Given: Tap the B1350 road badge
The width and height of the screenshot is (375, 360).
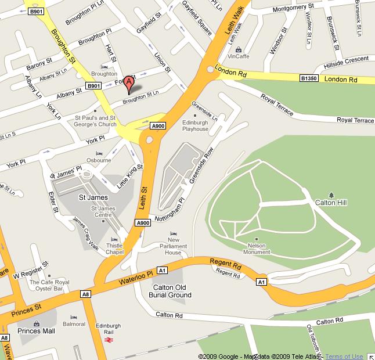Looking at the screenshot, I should tap(309, 78).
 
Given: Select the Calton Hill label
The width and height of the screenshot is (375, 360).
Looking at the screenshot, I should tap(330, 203).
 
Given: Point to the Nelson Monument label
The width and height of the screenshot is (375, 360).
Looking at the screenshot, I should tap(255, 249).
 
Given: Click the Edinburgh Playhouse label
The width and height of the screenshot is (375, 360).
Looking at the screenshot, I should tap(194, 125).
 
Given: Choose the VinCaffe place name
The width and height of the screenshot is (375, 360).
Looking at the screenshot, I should tap(238, 56).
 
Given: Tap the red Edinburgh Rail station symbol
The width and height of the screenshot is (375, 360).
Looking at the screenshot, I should tap(108, 340).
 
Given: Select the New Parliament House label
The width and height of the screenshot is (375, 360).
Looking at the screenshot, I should tap(173, 246).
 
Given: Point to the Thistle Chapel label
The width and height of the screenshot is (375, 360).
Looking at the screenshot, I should tap(114, 249).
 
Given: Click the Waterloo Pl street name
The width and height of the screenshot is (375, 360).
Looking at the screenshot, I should tap(135, 277).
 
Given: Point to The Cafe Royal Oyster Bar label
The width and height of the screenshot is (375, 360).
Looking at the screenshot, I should tap(49, 286).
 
